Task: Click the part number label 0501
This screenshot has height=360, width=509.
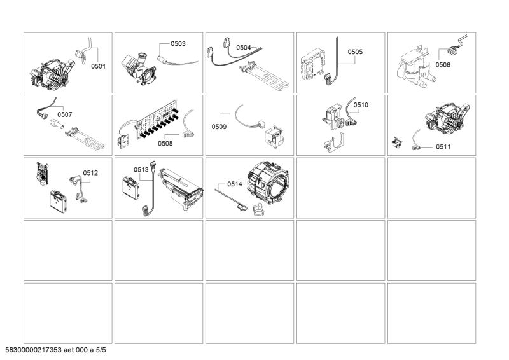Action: point(98,66)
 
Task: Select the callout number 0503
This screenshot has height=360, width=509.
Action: point(178,43)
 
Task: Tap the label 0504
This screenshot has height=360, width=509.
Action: point(244,48)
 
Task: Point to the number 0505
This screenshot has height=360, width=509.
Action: point(355,52)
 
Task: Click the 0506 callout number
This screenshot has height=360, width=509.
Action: point(443,65)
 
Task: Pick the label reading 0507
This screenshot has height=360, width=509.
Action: point(65,114)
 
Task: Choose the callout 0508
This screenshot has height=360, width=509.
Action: point(165,144)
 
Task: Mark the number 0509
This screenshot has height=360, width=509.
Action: point(219,127)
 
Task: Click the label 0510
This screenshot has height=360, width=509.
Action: point(361,105)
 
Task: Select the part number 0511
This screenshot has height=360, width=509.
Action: point(443,147)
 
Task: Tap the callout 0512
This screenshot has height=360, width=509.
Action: point(90,173)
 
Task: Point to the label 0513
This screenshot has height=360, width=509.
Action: point(141,169)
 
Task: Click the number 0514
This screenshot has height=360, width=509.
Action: point(234,184)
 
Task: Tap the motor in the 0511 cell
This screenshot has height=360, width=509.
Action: point(448,119)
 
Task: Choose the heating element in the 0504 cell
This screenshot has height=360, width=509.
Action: point(264,78)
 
